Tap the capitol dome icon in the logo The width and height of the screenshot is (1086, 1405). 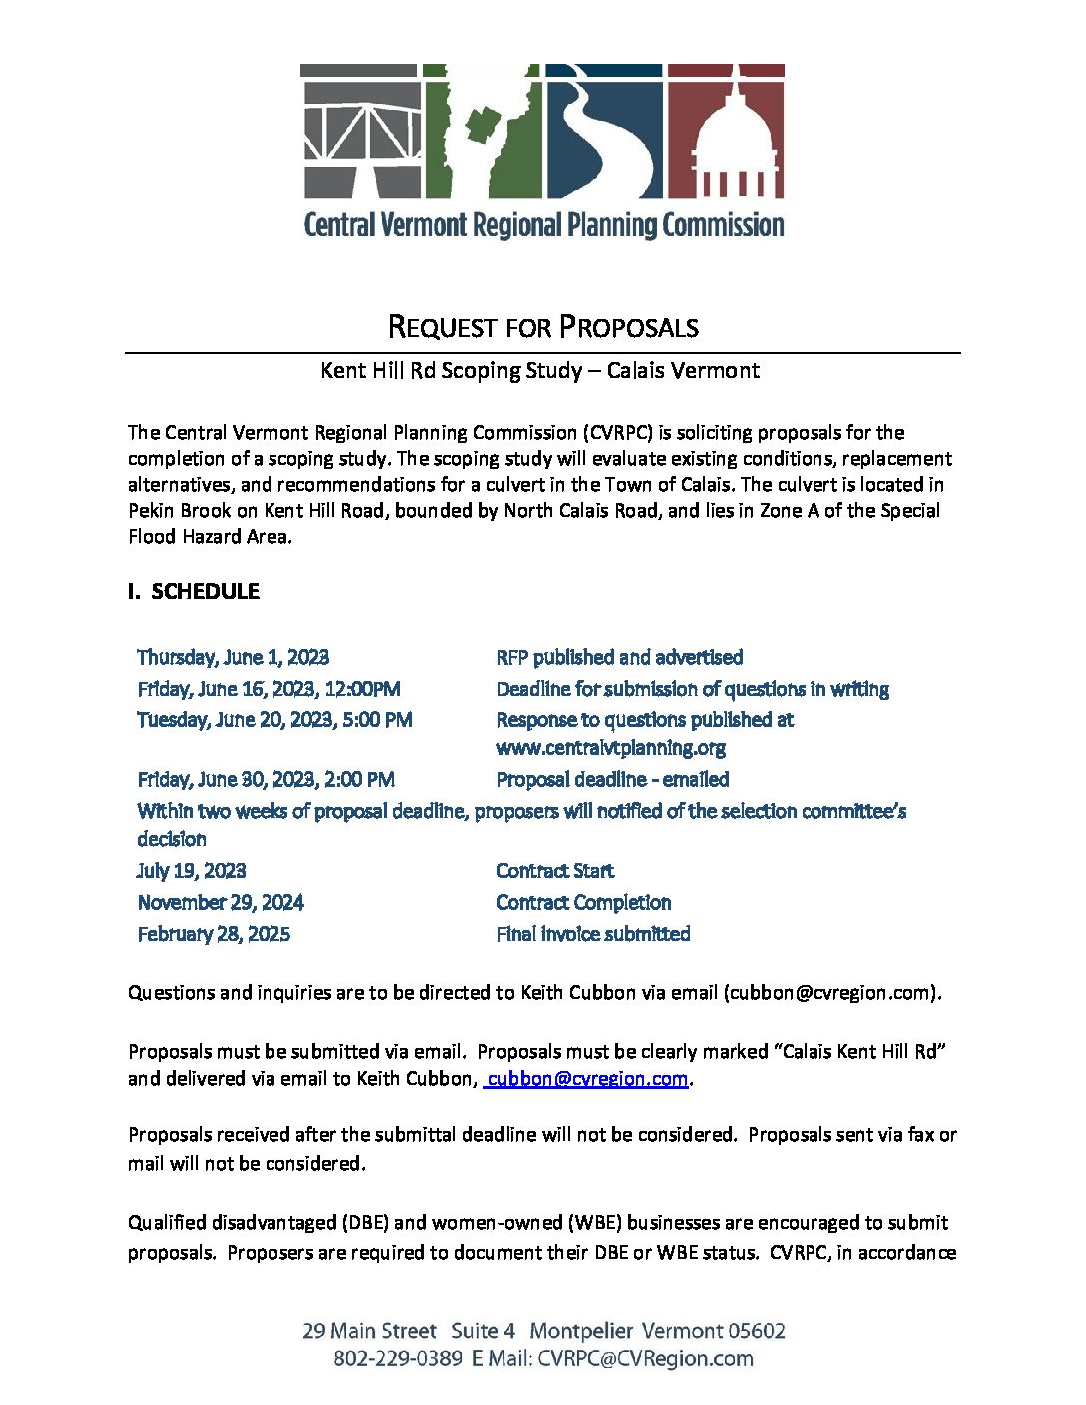click(725, 135)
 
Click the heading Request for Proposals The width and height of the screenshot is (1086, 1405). click(542, 327)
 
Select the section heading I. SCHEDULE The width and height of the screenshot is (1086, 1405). click(194, 591)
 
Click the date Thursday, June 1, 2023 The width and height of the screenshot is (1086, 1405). click(233, 657)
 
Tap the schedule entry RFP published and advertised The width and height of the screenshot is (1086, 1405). click(619, 657)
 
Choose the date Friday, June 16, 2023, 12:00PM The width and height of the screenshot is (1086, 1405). click(269, 689)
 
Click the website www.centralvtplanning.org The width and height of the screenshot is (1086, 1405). click(610, 747)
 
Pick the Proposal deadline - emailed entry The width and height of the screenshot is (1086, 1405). click(612, 779)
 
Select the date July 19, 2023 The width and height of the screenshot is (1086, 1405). click(191, 870)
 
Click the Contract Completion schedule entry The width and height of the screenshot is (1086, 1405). click(583, 902)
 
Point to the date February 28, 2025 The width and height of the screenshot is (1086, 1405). click(214, 934)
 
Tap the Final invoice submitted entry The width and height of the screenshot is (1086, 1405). click(593, 934)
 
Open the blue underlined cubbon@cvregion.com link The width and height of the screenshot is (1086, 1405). click(587, 1078)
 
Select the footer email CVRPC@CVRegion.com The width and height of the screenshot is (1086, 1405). click(645, 1358)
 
